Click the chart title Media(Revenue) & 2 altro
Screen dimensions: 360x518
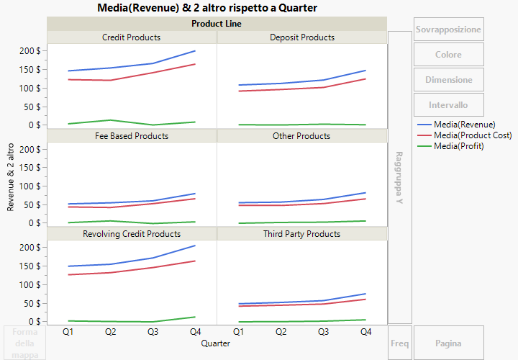206,7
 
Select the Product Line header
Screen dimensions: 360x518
217,24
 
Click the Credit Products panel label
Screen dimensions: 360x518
132,37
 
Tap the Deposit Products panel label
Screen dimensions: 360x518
302,37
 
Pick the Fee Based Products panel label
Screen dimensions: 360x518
132,135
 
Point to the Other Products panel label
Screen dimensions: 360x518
302,135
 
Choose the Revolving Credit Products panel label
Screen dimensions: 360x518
132,234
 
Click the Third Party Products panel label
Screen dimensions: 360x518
302,234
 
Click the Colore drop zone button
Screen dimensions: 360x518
448,55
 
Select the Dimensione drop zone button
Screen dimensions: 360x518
448,80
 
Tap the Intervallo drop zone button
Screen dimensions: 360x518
448,105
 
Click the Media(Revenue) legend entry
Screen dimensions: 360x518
464,125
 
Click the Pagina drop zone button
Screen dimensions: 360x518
448,343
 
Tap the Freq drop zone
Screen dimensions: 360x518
400,343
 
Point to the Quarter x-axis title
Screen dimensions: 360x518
217,344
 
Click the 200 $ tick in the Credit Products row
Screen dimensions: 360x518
29,51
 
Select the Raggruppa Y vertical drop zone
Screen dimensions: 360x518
400,177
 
